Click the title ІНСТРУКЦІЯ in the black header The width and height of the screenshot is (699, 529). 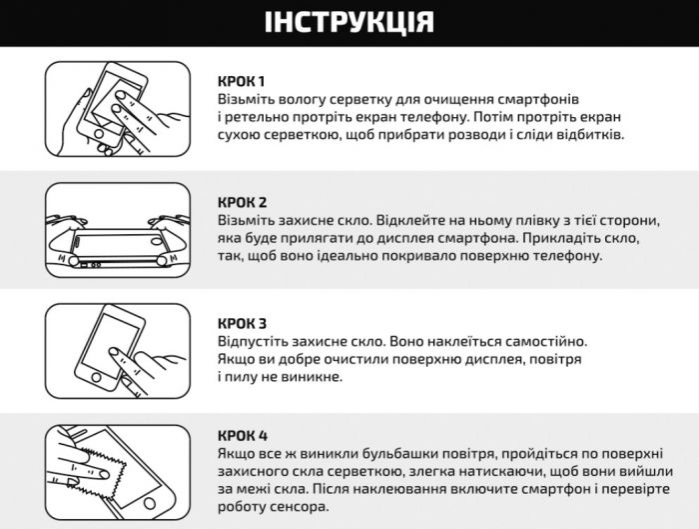[349, 22]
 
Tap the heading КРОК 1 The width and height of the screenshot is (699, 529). [242, 81]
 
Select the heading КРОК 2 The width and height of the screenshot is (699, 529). [243, 202]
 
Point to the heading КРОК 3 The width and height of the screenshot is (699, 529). [243, 323]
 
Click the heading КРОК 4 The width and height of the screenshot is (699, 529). [243, 435]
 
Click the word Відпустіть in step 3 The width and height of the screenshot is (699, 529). [254, 341]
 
